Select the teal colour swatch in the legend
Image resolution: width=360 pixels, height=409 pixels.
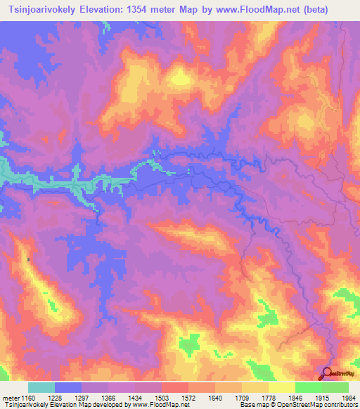tap(41, 387)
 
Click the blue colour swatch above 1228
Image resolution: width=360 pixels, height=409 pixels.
tap(68, 387)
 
